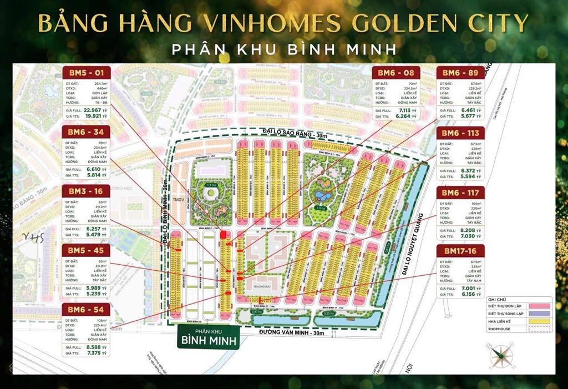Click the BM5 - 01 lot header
[x=87, y=73]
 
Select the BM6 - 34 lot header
[x=87, y=132]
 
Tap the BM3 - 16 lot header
[x=87, y=191]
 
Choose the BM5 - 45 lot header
[x=87, y=251]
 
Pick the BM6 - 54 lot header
[x=87, y=310]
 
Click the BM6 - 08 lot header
[x=395, y=73]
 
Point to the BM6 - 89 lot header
[x=460, y=73]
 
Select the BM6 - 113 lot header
[x=460, y=133]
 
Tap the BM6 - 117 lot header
[x=460, y=193]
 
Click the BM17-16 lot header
[x=460, y=251]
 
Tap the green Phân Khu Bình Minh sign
[x=208, y=336]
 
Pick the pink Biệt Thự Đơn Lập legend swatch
[x=537, y=305]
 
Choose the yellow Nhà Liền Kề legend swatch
[x=537, y=321]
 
